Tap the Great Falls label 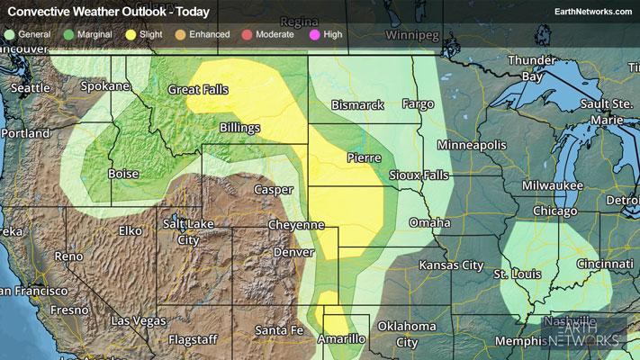pos(198,90)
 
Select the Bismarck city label pos(357,105)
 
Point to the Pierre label pos(364,157)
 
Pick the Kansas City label pos(450,265)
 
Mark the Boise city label pos(122,174)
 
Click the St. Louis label pos(524,273)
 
